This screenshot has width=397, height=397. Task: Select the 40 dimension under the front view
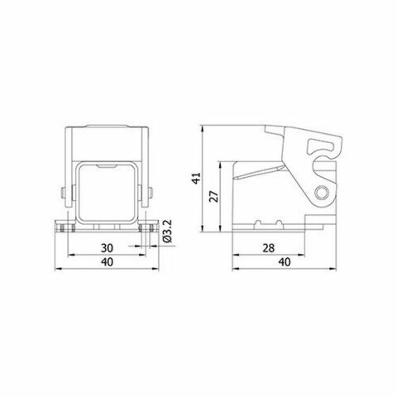pos(108,262)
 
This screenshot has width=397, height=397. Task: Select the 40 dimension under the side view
pos(284,262)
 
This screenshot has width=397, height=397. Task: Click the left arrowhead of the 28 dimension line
pos(235,255)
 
